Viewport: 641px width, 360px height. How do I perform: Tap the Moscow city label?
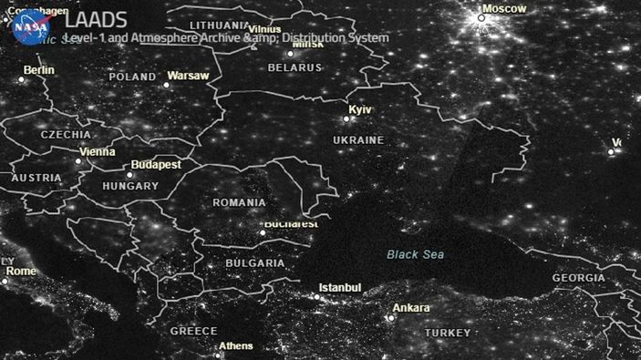(504, 9)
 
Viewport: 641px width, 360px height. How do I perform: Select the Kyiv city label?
(361, 109)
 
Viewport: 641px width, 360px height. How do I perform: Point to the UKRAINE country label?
(357, 140)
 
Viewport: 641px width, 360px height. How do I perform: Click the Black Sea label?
(415, 254)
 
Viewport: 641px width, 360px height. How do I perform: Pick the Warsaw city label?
(189, 76)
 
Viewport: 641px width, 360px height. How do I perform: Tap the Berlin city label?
(39, 70)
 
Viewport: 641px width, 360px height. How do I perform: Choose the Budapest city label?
(156, 165)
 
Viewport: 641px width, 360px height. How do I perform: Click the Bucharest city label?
(291, 223)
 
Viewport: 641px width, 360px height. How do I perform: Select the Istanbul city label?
(339, 288)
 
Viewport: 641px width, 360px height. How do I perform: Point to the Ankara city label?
(411, 308)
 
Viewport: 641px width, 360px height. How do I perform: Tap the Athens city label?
(236, 346)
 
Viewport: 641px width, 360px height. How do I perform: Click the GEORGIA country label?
(578, 278)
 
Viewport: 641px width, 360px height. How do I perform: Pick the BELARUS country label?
(295, 67)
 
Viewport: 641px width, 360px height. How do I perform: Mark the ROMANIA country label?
(239, 202)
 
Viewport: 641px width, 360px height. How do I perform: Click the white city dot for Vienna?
(78, 161)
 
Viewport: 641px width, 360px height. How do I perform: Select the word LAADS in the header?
(96, 20)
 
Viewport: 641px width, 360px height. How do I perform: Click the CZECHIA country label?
(66, 134)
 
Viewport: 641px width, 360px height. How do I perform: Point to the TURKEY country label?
(447, 333)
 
